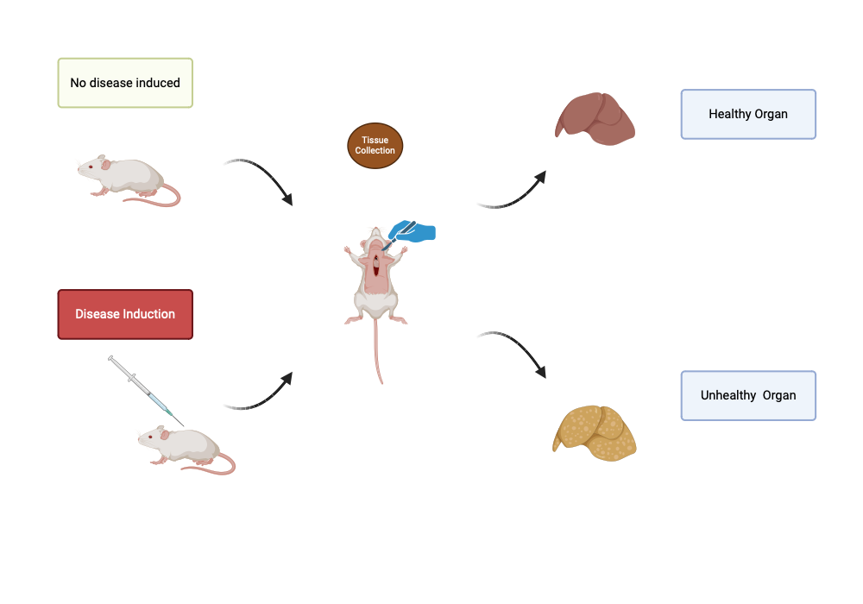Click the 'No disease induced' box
(125, 83)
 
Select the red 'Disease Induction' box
(125, 314)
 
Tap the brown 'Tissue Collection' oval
(375, 146)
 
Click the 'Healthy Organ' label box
(748, 115)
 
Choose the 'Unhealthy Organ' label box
(748, 395)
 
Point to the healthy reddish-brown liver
(595, 119)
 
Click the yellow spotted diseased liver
(595, 433)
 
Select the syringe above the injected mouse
(146, 391)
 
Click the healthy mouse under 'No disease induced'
(129, 180)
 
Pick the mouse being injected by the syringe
(186, 449)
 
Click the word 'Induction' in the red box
(150, 314)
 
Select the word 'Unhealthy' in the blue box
(728, 395)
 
